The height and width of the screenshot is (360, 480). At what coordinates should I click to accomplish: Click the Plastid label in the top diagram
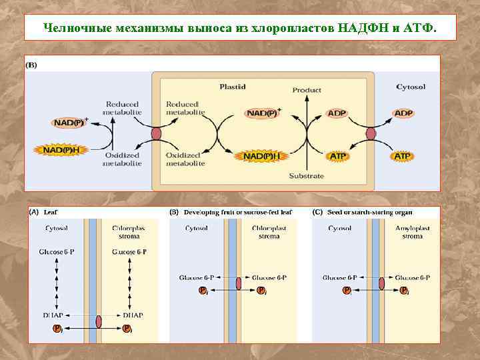point(233,87)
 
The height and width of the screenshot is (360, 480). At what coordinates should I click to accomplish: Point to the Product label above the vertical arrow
point(307,89)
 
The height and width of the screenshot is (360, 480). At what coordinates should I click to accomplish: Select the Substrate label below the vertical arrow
point(307,176)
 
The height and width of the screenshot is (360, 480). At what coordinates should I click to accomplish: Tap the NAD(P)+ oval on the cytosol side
point(69,123)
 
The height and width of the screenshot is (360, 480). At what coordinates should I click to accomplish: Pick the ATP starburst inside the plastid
point(338,156)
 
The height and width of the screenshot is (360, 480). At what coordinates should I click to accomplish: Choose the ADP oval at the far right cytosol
point(403,114)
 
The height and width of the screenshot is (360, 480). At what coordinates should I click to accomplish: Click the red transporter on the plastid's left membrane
point(157,135)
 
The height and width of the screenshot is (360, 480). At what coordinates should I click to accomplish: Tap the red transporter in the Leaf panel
point(99,321)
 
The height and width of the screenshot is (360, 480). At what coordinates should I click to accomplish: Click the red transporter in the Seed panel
point(382,283)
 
